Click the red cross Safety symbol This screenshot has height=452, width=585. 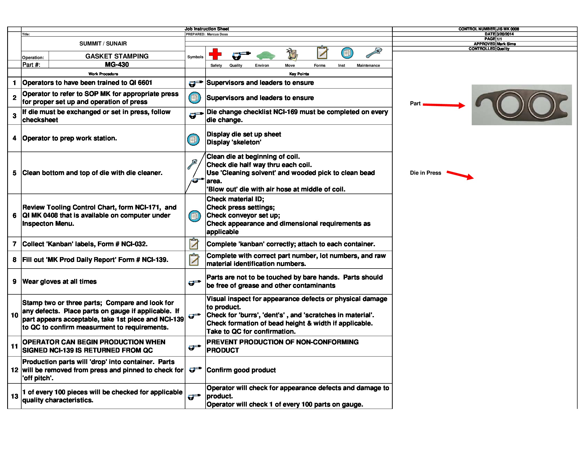click(215, 54)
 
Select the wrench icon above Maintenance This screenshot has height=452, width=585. click(374, 53)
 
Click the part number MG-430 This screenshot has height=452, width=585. click(117, 65)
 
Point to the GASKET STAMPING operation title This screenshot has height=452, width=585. click(117, 56)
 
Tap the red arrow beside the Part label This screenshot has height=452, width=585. click(444, 105)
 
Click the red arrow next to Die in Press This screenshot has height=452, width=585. click(460, 175)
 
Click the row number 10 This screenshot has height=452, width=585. click(14, 315)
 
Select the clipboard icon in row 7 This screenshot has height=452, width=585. click(194, 244)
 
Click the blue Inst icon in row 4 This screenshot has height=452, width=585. click(193, 139)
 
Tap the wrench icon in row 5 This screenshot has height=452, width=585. click(192, 164)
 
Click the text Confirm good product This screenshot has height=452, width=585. click(241, 370)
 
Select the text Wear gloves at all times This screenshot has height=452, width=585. click(60, 281)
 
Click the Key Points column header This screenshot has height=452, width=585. click(299, 74)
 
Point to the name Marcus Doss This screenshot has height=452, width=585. click(217, 34)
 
